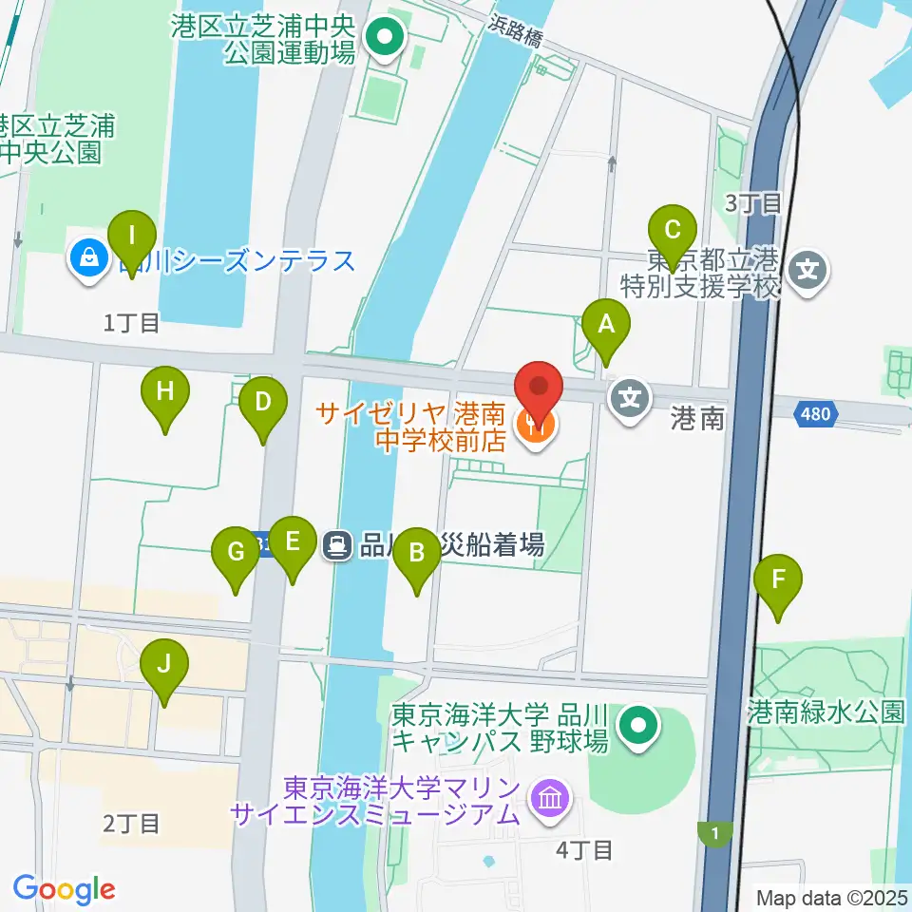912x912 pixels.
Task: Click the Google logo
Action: coord(64,890)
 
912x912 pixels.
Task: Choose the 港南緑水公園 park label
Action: coord(826,712)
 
